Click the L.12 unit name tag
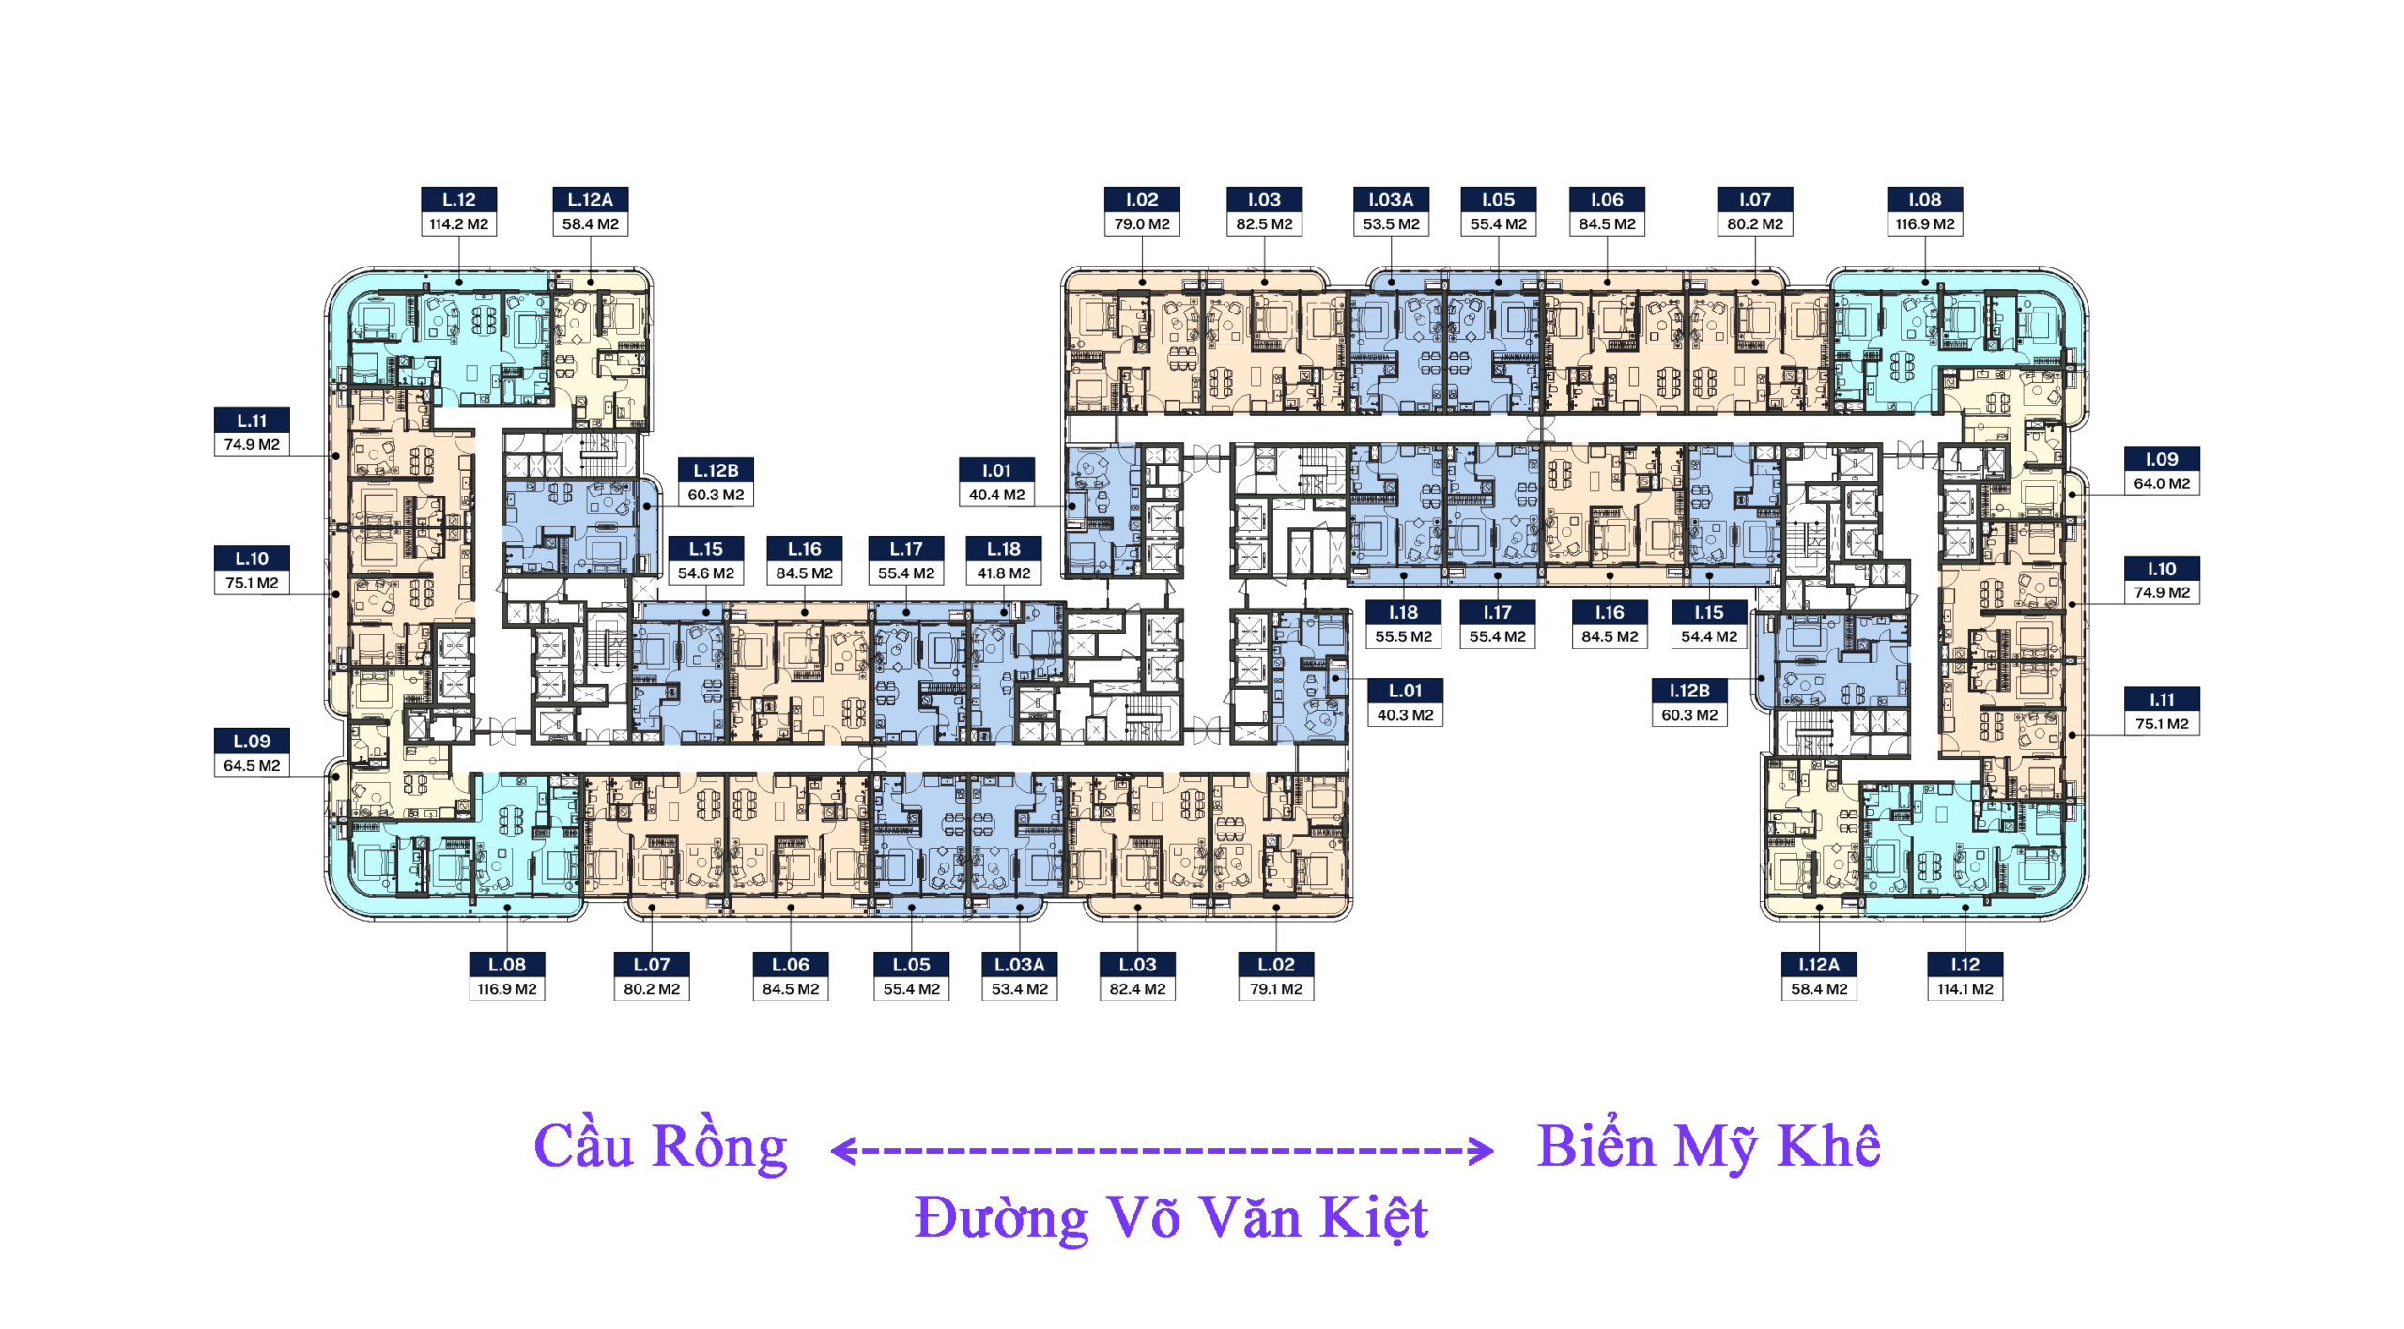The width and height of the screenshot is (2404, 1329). (458, 199)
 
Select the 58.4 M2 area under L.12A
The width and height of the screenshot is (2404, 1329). (590, 224)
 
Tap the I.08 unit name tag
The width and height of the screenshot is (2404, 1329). (1924, 199)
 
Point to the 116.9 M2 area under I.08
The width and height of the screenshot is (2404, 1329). (1924, 224)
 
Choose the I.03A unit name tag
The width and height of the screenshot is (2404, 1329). (1390, 199)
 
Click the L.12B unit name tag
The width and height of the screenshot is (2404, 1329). (716, 470)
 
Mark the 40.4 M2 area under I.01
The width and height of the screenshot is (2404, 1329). (996, 495)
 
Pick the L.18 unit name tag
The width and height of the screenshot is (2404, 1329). (1003, 548)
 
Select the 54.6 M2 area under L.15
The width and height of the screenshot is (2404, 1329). (705, 573)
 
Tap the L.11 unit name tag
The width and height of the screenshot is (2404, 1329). (252, 420)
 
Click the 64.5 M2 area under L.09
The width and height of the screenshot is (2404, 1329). (252, 766)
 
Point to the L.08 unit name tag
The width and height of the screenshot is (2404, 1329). (506, 964)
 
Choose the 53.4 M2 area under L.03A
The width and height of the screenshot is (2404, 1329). (1019, 989)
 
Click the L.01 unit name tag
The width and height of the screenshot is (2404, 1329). (1405, 690)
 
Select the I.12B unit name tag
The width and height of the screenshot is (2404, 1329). (1688, 690)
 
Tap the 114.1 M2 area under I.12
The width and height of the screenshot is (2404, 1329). (1965, 989)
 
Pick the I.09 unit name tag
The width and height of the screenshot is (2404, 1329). (2161, 459)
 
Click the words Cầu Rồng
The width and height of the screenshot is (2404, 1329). (660, 1147)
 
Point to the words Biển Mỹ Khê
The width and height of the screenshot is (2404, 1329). (1708, 1147)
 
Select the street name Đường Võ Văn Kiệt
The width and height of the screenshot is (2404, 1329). (1171, 1218)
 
